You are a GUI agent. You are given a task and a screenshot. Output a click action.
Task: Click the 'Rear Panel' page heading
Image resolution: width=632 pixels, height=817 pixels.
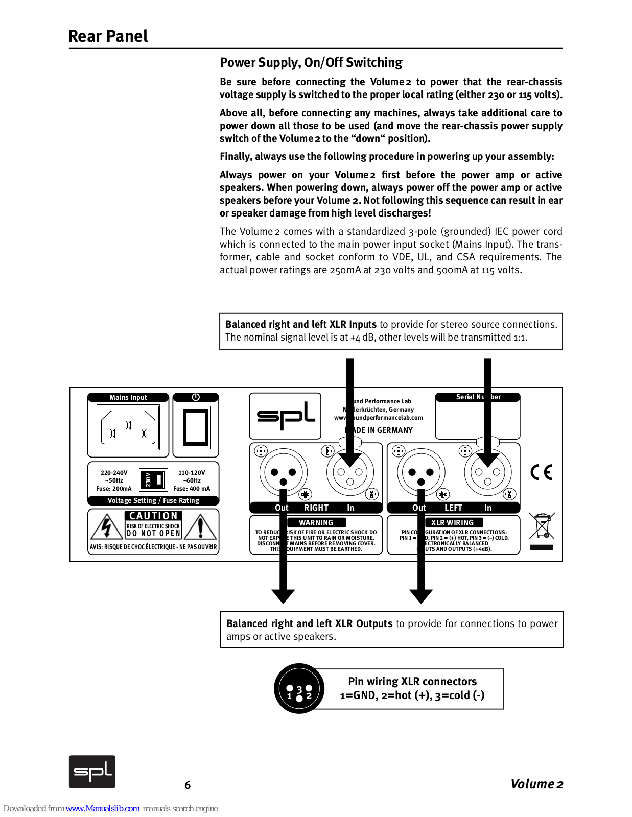[x=108, y=36]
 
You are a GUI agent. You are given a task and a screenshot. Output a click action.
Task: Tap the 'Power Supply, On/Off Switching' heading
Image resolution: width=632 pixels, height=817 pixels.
[x=311, y=63]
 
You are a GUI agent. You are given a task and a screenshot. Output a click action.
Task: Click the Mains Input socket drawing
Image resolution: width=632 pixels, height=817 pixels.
[x=128, y=427]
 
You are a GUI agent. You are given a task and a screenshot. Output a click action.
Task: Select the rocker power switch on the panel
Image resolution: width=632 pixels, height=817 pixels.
[x=196, y=427]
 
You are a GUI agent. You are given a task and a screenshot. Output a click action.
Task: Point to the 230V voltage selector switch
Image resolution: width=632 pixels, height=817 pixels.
[x=154, y=480]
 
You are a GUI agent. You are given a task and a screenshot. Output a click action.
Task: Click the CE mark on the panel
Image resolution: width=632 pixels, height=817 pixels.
[x=542, y=472]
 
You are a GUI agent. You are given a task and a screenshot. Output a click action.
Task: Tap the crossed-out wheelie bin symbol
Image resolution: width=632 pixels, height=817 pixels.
[x=542, y=526]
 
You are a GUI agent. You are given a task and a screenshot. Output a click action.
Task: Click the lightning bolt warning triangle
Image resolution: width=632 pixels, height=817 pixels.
[x=106, y=527]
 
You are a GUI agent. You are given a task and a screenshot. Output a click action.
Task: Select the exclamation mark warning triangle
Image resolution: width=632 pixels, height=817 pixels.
[x=200, y=527]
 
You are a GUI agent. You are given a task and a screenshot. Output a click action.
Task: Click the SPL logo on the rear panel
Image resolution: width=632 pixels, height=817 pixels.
[x=285, y=416]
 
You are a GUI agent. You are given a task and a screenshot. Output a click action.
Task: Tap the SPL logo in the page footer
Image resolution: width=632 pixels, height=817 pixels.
[x=92, y=772]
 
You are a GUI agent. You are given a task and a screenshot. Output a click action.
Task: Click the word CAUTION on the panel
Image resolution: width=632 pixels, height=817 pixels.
[x=153, y=516]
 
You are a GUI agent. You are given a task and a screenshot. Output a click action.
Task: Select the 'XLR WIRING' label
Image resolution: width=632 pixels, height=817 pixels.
[x=452, y=522]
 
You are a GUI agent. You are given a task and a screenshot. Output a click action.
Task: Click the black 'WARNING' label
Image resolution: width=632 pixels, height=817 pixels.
[x=316, y=522]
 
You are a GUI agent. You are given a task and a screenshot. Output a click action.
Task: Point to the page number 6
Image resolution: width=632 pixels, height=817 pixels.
[x=188, y=785]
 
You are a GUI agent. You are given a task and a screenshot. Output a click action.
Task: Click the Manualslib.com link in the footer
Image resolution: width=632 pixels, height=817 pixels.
[x=102, y=808]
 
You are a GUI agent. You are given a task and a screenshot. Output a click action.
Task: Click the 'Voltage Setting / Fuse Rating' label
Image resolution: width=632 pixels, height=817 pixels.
[x=153, y=500]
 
